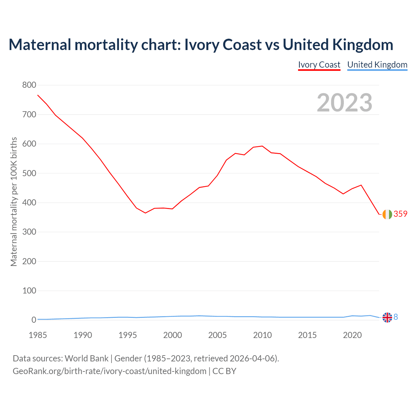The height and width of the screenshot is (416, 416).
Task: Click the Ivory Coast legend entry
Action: pos(319,65)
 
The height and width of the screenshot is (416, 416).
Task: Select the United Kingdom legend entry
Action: pos(377,65)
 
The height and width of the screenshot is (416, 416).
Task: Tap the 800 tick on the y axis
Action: pos(29,85)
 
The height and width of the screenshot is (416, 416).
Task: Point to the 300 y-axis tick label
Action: pos(29,232)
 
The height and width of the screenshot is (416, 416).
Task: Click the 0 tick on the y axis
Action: pos(33,320)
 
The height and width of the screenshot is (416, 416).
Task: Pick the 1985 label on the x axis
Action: pos(38,335)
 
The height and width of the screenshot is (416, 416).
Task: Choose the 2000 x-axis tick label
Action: pos(173,335)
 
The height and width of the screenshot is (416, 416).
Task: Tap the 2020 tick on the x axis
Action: pos(352,335)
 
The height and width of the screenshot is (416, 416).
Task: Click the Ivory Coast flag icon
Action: pos(387,214)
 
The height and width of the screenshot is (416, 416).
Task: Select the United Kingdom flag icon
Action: pos(387,317)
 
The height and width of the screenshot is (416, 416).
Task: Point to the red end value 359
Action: pos(400,214)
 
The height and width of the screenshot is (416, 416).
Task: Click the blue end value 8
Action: pos(396,317)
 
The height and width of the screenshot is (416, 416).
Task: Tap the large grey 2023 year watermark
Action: pos(344,103)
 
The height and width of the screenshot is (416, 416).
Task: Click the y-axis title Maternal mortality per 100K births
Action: pos(14,202)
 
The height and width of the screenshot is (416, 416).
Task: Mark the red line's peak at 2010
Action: pos(262,146)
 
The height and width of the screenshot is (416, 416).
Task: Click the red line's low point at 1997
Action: pos(145,213)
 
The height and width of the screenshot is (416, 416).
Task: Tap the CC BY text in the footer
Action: pos(224,371)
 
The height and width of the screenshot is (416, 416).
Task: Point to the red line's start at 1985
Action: pos(38,95)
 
